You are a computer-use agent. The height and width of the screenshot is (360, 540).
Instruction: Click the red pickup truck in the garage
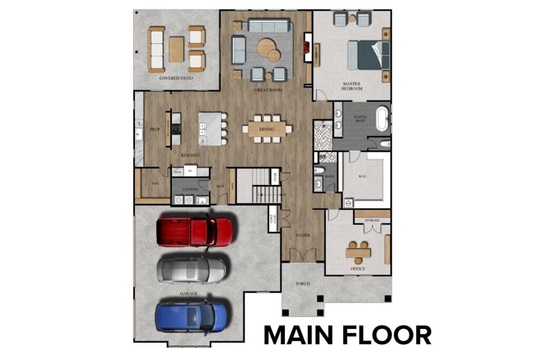[x=194, y=232]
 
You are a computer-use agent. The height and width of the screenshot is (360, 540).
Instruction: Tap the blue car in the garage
[x=191, y=316]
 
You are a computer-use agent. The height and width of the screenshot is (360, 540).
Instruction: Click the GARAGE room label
[x=189, y=293]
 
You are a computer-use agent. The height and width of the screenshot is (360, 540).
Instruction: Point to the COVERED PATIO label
[x=176, y=78]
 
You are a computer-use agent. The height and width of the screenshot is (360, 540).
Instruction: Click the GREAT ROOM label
[x=268, y=90]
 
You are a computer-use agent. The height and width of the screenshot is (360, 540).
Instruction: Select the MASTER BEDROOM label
[x=352, y=86]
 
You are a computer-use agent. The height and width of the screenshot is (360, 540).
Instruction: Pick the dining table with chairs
[x=267, y=129]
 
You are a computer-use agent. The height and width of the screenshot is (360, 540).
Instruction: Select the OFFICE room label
[x=358, y=269]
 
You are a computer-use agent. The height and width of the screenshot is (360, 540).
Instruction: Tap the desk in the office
[x=358, y=253]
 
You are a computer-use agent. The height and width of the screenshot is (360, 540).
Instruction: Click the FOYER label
[x=303, y=235]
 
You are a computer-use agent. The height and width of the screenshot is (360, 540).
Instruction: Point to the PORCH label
[x=303, y=284]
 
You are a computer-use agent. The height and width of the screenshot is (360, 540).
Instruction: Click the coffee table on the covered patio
[x=177, y=49]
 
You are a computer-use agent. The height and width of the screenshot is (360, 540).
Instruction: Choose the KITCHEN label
[x=190, y=155]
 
